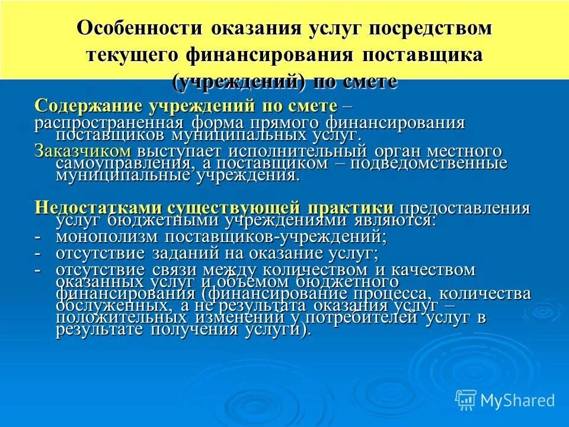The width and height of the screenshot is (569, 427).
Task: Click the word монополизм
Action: click(x=104, y=237)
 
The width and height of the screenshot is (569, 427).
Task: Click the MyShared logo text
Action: click(x=517, y=400)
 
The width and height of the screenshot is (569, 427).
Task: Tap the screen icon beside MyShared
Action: click(x=466, y=399)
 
